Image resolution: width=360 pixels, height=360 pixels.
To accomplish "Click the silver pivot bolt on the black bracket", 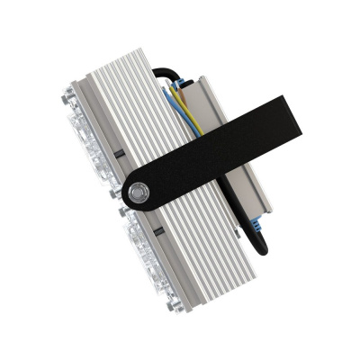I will [x=138, y=192].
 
